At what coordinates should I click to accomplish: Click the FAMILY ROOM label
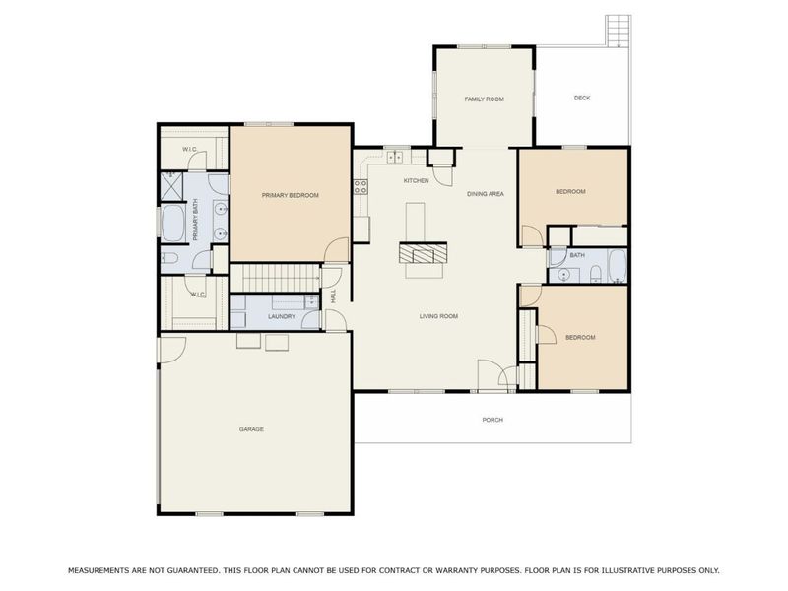(x=484, y=99)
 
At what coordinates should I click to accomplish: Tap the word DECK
(x=582, y=98)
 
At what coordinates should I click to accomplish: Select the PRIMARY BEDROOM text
(x=290, y=196)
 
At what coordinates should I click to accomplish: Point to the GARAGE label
(x=251, y=429)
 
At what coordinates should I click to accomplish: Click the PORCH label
(x=492, y=420)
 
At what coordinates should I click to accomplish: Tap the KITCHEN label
(x=416, y=181)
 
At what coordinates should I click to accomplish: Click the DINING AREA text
(x=486, y=194)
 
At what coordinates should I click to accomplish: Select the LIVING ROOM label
(x=438, y=316)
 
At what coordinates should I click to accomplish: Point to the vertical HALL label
(x=335, y=295)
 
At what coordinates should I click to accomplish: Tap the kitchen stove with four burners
(x=361, y=185)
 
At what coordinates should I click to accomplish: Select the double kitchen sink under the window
(x=397, y=158)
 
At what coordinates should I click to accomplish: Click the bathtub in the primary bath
(x=173, y=226)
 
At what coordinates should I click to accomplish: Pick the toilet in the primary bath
(x=170, y=259)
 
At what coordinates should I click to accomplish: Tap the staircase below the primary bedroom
(x=276, y=278)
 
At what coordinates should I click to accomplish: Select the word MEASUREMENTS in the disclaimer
(x=103, y=570)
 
